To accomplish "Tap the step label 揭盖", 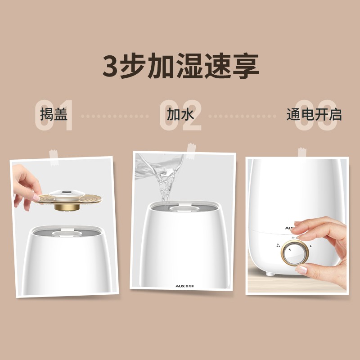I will tap(54, 114).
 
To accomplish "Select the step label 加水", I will tap(180, 114).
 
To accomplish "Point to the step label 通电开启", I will tap(314, 114).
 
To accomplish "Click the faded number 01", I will tap(54, 116).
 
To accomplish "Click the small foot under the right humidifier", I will tap(269, 274).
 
